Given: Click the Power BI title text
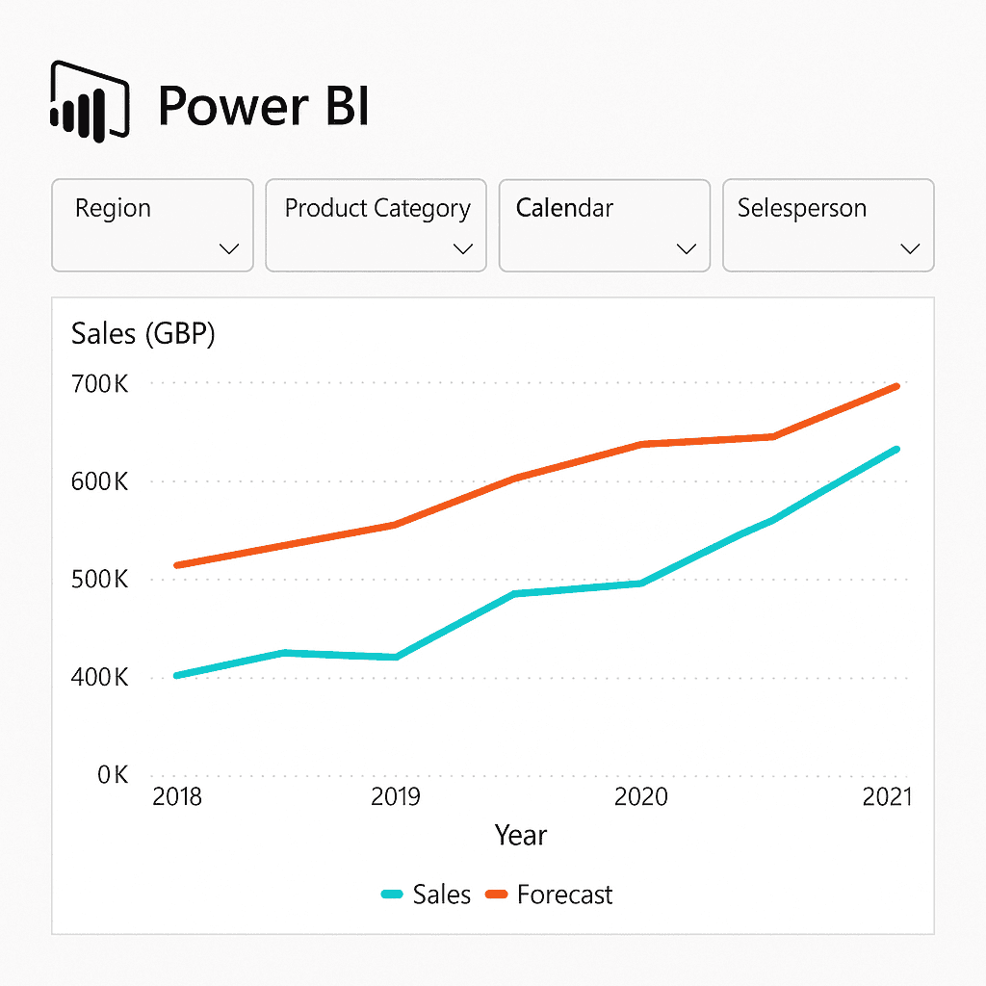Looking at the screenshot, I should (x=263, y=105).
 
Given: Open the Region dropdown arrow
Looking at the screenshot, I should (x=229, y=248).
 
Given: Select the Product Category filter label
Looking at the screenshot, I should (x=377, y=208).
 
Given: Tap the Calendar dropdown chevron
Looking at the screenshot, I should (x=687, y=248).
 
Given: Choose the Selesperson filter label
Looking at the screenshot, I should (x=802, y=208).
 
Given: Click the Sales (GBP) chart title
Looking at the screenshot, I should (x=143, y=334).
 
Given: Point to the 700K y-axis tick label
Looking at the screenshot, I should (x=99, y=384).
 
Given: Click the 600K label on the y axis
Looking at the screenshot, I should (x=99, y=482).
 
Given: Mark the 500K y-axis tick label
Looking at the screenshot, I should (x=99, y=581).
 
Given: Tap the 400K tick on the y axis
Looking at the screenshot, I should (x=99, y=679).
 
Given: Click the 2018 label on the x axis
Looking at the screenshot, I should (x=177, y=797).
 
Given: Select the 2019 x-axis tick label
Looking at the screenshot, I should (x=395, y=797).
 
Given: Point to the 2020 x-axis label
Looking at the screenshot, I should (x=641, y=797).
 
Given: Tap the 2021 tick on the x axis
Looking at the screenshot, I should (x=884, y=797).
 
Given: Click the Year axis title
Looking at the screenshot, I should (x=521, y=835).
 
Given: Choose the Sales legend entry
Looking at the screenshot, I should (x=427, y=895).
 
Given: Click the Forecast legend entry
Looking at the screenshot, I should (x=549, y=895).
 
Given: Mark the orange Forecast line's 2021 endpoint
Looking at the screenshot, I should (x=896, y=386).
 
